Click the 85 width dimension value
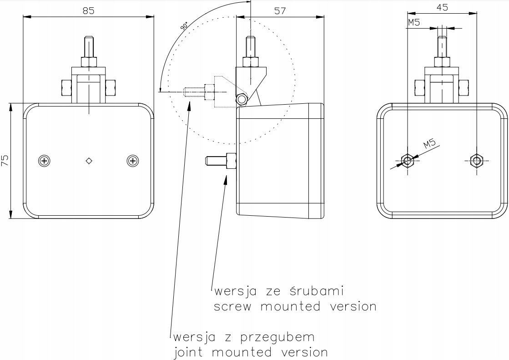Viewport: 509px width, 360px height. pyautogui.click(x=88, y=11)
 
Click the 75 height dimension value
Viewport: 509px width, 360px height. pyautogui.click(x=5, y=160)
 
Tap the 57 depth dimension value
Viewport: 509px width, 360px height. pyautogui.click(x=280, y=11)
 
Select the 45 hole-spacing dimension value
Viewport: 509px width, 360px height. pyautogui.click(x=442, y=7)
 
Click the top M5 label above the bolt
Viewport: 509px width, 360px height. pyautogui.click(x=413, y=23)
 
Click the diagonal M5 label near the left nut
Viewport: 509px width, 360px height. pyautogui.click(x=429, y=145)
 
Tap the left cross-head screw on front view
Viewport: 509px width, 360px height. pyautogui.click(x=44, y=160)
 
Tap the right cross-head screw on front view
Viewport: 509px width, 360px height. pyautogui.click(x=132, y=160)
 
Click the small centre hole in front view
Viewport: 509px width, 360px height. pyautogui.click(x=89, y=160)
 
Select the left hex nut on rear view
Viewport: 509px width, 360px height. pyautogui.click(x=407, y=160)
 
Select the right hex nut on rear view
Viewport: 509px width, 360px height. pyautogui.click(x=476, y=160)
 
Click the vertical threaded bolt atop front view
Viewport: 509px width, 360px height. pyautogui.click(x=89, y=47)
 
